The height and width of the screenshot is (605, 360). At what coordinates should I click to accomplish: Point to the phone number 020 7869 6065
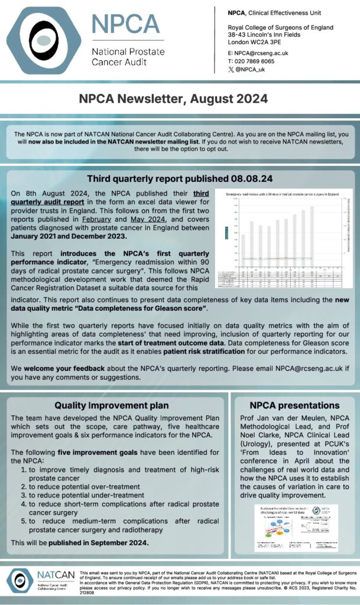click(x=255, y=61)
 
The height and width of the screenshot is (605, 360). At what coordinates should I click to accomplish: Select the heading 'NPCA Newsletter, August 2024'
click(x=179, y=98)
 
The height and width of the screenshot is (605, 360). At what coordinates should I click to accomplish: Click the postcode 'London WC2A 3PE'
click(x=257, y=42)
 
